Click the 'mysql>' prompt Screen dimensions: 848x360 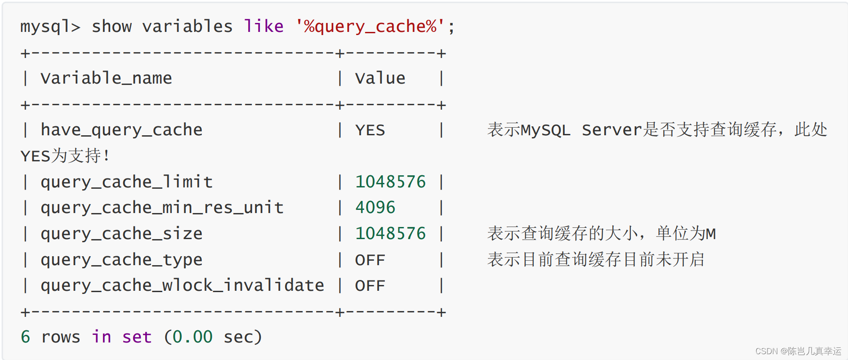pos(50,27)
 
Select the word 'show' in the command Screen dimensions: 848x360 pos(112,27)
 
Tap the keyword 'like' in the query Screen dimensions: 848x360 pos(263,27)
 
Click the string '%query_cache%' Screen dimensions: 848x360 pos(370,27)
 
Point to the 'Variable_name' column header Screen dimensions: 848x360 pos(106,78)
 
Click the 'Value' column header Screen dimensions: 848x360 pos(380,78)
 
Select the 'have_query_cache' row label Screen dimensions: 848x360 pos(121,130)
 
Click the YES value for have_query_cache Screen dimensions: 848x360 pos(370,130)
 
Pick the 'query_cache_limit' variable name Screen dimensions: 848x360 pos(126,182)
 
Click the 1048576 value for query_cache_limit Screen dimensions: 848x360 pos(390,182)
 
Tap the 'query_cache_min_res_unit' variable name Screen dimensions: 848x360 pos(162,208)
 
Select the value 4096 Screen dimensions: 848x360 pos(375,208)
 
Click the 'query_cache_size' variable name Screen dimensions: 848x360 pos(121,234)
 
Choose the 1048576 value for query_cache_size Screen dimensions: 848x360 pos(390,234)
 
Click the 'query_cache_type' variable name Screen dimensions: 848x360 pos(121,260)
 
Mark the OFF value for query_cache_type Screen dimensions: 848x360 pos(370,260)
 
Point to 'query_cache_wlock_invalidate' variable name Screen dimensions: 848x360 pos(182,285)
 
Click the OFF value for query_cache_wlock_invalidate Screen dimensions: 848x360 pos(370,285)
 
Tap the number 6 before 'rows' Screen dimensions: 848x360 pos(26,337)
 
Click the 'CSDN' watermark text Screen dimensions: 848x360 pos(766,351)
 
